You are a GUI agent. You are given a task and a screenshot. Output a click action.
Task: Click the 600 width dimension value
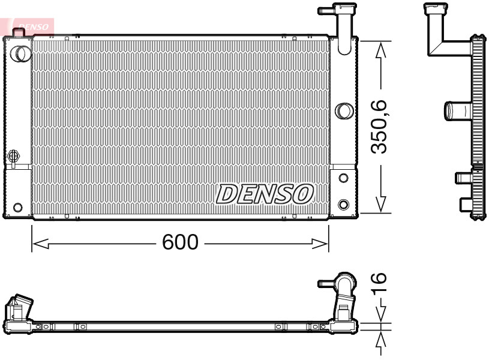pos(180,242)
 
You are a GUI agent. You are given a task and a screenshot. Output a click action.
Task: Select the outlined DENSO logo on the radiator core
pos(265,193)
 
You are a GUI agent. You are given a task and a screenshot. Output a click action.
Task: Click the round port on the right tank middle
pos(343,110)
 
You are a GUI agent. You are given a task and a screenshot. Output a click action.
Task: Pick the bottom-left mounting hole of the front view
pos(17,208)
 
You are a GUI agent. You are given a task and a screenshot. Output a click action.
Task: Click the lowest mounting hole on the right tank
pos(343,203)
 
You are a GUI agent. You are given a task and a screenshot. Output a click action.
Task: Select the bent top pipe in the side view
pos(443,33)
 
